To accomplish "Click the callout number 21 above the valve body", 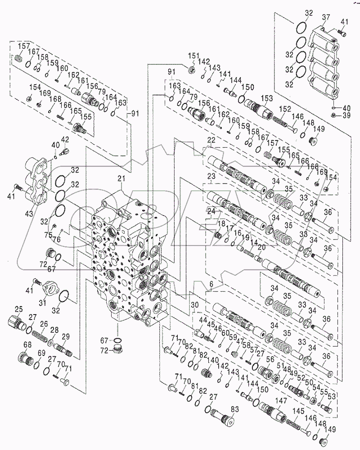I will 121,179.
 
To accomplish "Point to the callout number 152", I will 283,109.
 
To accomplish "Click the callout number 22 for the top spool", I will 211,141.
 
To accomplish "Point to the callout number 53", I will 332,396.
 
